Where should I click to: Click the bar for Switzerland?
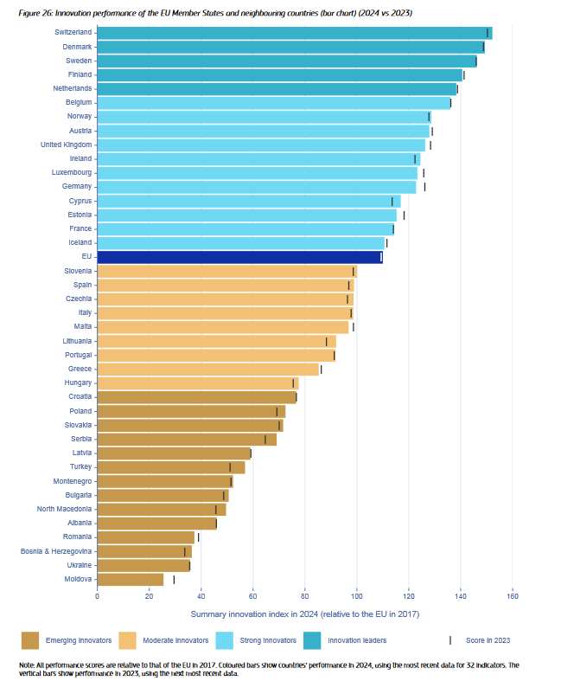pyautogui.click(x=294, y=33)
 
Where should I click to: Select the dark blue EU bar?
pyautogui.click(x=239, y=257)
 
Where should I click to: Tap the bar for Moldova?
pyautogui.click(x=130, y=579)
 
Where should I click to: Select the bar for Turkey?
pyautogui.click(x=170, y=467)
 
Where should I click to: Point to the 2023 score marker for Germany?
pyautogui.click(x=424, y=187)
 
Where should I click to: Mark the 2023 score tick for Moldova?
pyautogui.click(x=174, y=579)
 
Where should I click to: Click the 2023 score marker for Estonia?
pyautogui.click(x=404, y=215)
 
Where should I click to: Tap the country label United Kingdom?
pyautogui.click(x=67, y=145)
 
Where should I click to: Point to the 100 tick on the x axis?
pyautogui.click(x=356, y=595)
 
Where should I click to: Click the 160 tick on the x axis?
pyautogui.click(x=513, y=595)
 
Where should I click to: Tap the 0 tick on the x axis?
pyautogui.click(x=97, y=595)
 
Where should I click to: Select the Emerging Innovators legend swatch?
pyautogui.click(x=30, y=640)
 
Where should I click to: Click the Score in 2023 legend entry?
pyautogui.click(x=488, y=640)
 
